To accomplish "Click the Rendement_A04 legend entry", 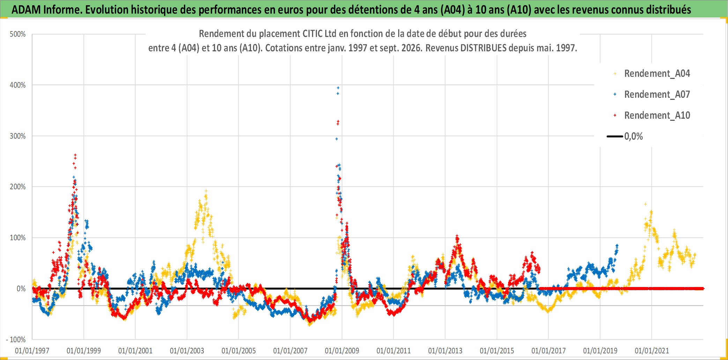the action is pos(652,74).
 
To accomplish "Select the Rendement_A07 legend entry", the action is pos(652,95).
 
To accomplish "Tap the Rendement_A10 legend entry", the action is pos(652,116).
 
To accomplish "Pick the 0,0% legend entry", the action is pos(625,137).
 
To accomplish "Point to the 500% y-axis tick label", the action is pos(18,34).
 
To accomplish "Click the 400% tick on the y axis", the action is pos(18,85).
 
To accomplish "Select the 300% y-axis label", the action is pos(18,136).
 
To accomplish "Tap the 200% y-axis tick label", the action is pos(18,187).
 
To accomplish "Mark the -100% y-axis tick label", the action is pos(16,339).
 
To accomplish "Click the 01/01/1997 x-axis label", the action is pos(32,351).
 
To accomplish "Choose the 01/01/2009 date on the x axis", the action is pos(342,351).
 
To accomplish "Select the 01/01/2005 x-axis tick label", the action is pos(239,351).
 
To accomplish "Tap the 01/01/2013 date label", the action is pos(445,351).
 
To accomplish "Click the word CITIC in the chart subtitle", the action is pos(313,34).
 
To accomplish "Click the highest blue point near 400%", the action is pos(338,88).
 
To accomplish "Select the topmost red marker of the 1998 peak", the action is pos(75,155).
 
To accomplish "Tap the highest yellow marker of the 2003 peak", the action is pos(206,191).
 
